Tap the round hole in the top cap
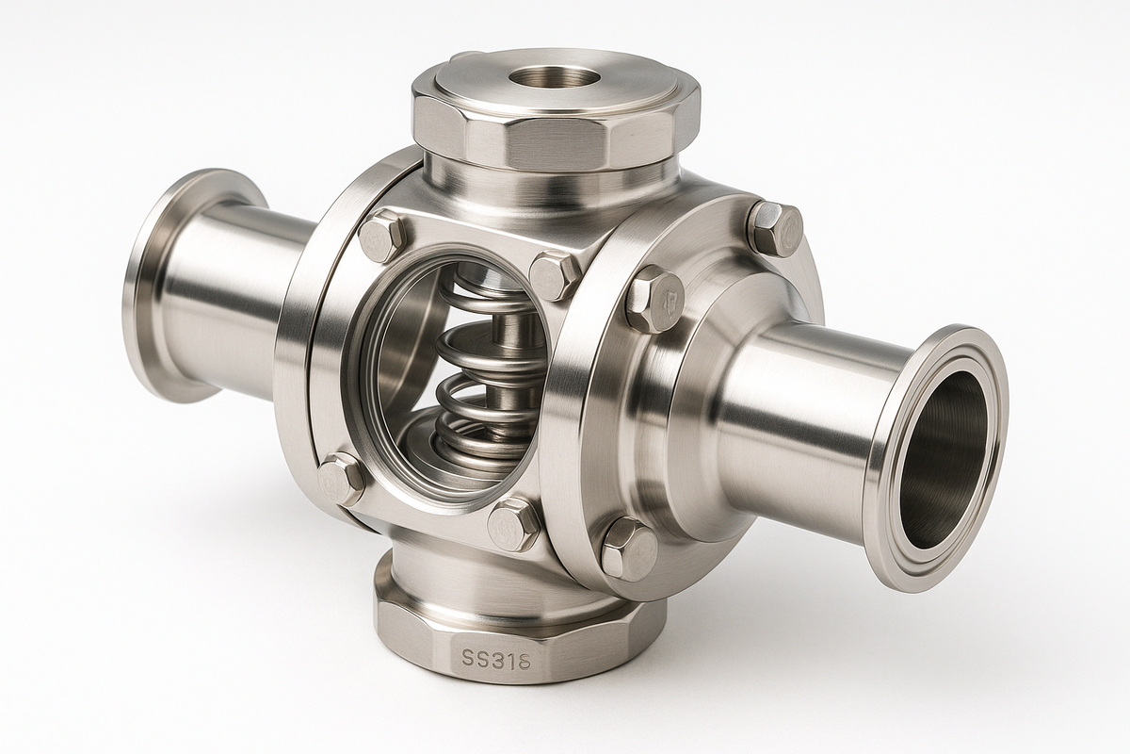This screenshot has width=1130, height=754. (555, 78)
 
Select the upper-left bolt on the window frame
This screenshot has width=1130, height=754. (383, 234)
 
